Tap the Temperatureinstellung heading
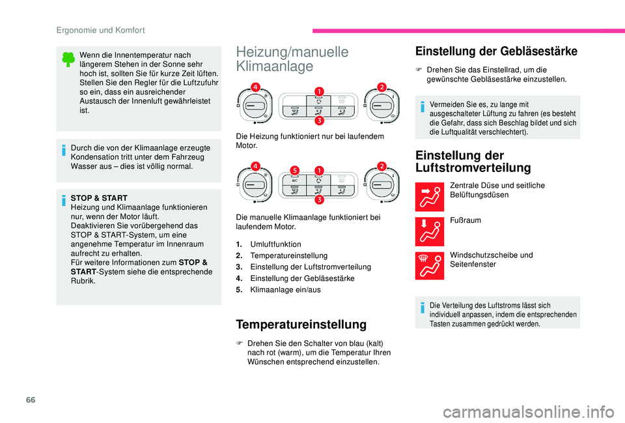(x=301, y=324)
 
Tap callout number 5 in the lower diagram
(x=294, y=171)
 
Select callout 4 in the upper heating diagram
(x=257, y=87)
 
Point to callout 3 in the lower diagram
(x=320, y=199)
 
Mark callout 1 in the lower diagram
(x=320, y=170)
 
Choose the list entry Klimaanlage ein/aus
(x=285, y=290)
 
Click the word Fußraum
(x=465, y=220)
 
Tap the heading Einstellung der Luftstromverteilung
(x=477, y=161)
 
